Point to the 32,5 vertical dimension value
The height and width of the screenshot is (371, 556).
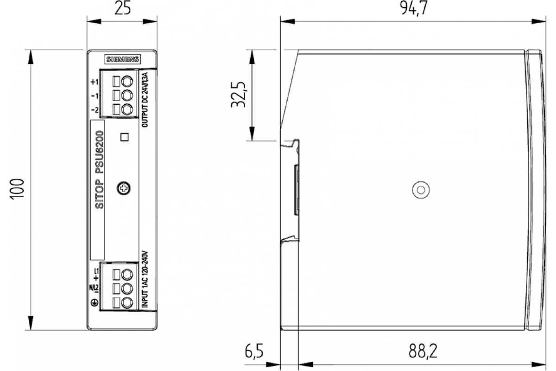pyautogui.click(x=239, y=96)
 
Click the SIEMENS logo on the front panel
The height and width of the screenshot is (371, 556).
pyautogui.click(x=123, y=59)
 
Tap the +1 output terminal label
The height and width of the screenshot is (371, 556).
pyautogui.click(x=95, y=82)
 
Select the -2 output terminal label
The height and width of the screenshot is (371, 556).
pyautogui.click(x=95, y=110)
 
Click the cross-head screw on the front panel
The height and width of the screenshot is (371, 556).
pyautogui.click(x=124, y=188)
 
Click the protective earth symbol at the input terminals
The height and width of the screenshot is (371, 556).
pyautogui.click(x=95, y=303)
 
